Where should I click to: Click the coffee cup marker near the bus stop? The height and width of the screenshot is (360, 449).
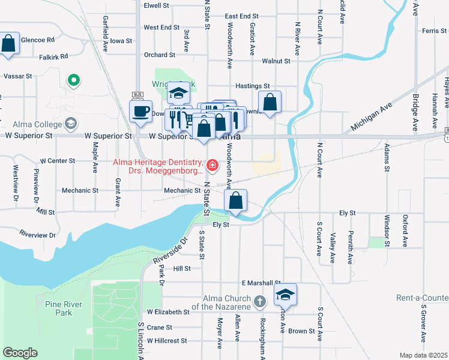tap(140, 112)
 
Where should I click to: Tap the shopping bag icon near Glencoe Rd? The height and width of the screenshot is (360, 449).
tap(7, 44)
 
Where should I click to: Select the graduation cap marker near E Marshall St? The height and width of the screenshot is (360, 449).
tap(286, 295)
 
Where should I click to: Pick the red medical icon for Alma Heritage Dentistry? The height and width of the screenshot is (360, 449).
tap(212, 164)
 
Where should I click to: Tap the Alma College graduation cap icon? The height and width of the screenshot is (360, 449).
tap(71, 124)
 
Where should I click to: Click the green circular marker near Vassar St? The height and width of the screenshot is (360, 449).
tap(74, 80)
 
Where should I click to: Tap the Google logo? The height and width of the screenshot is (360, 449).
tap(20, 352)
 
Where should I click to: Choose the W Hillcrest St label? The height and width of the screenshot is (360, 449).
tap(166, 341)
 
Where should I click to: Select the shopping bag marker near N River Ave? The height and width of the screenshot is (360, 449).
tap(270, 103)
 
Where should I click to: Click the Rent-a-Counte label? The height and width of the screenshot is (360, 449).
tap(422, 298)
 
